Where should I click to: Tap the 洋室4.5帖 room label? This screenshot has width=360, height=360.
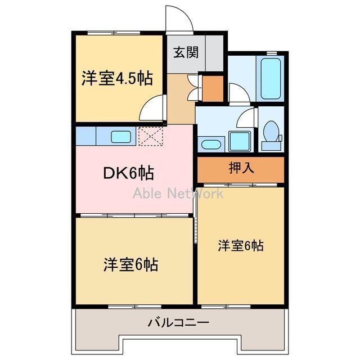(x=117, y=78)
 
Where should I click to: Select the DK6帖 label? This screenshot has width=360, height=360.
(x=129, y=173)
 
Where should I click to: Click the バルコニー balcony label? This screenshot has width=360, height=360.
(x=178, y=323)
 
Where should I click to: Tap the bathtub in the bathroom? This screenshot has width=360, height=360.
(x=270, y=78)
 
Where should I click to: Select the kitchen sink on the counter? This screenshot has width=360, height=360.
(x=121, y=136)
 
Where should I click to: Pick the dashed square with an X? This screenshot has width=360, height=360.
(x=150, y=136)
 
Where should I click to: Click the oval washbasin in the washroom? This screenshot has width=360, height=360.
(x=211, y=144)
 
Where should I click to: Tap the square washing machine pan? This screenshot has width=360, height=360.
(x=239, y=141)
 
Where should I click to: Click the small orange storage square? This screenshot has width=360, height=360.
(x=213, y=88)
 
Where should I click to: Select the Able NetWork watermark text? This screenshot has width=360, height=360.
(x=178, y=193)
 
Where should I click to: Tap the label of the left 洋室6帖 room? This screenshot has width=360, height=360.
(x=130, y=264)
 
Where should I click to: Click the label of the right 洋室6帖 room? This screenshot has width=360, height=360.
(x=241, y=245)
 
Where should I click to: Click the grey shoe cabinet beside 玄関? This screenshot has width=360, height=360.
(x=214, y=53)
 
